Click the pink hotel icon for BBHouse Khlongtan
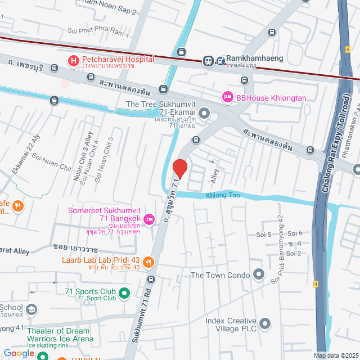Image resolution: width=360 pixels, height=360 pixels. tap(228, 97)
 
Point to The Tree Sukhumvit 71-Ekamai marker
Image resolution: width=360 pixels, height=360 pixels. tap(204, 114)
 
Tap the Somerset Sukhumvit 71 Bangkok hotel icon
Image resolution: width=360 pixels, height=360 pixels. tap(149, 219)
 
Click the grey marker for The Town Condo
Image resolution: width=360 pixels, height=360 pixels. tap(258, 274)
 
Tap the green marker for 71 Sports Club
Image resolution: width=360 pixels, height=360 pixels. tap(125, 292)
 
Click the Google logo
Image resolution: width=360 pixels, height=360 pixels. tap(19, 353)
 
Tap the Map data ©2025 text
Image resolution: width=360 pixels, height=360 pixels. tap(335, 355)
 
